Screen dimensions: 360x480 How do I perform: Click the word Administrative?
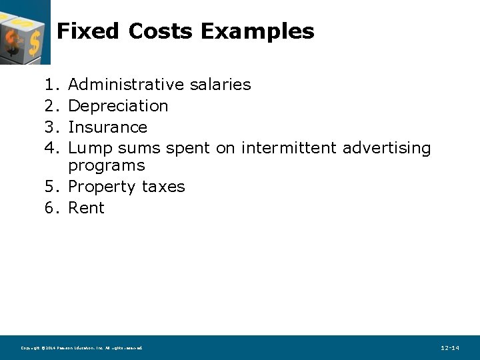click(126, 85)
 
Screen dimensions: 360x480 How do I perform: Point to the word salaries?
click(220, 85)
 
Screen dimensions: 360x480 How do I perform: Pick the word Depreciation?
click(118, 106)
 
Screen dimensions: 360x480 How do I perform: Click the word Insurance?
click(107, 127)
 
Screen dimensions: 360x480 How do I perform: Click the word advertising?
click(387, 148)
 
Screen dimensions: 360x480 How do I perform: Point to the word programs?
click(107, 165)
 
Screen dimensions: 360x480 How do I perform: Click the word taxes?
click(163, 187)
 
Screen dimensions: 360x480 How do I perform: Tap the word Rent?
click(87, 208)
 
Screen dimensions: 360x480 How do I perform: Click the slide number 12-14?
click(450, 348)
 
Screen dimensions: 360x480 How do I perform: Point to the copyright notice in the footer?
click(81, 348)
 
